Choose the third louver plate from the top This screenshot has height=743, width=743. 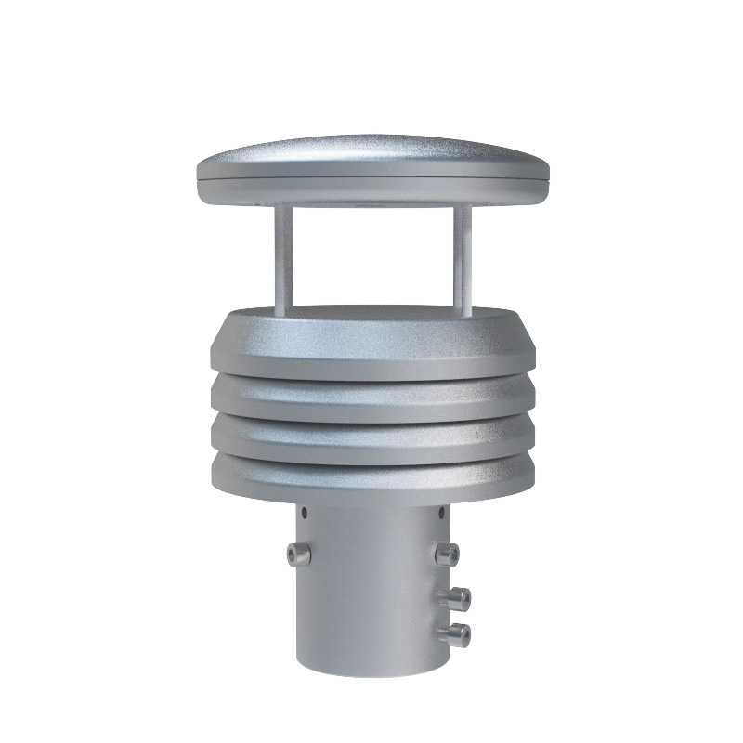pos(371,440)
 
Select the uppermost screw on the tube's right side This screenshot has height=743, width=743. pos(447,554)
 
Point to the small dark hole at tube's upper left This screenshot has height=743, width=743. pos(306,513)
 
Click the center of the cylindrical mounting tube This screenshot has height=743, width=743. pos(371,585)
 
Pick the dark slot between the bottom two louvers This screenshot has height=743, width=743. pos(371,461)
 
